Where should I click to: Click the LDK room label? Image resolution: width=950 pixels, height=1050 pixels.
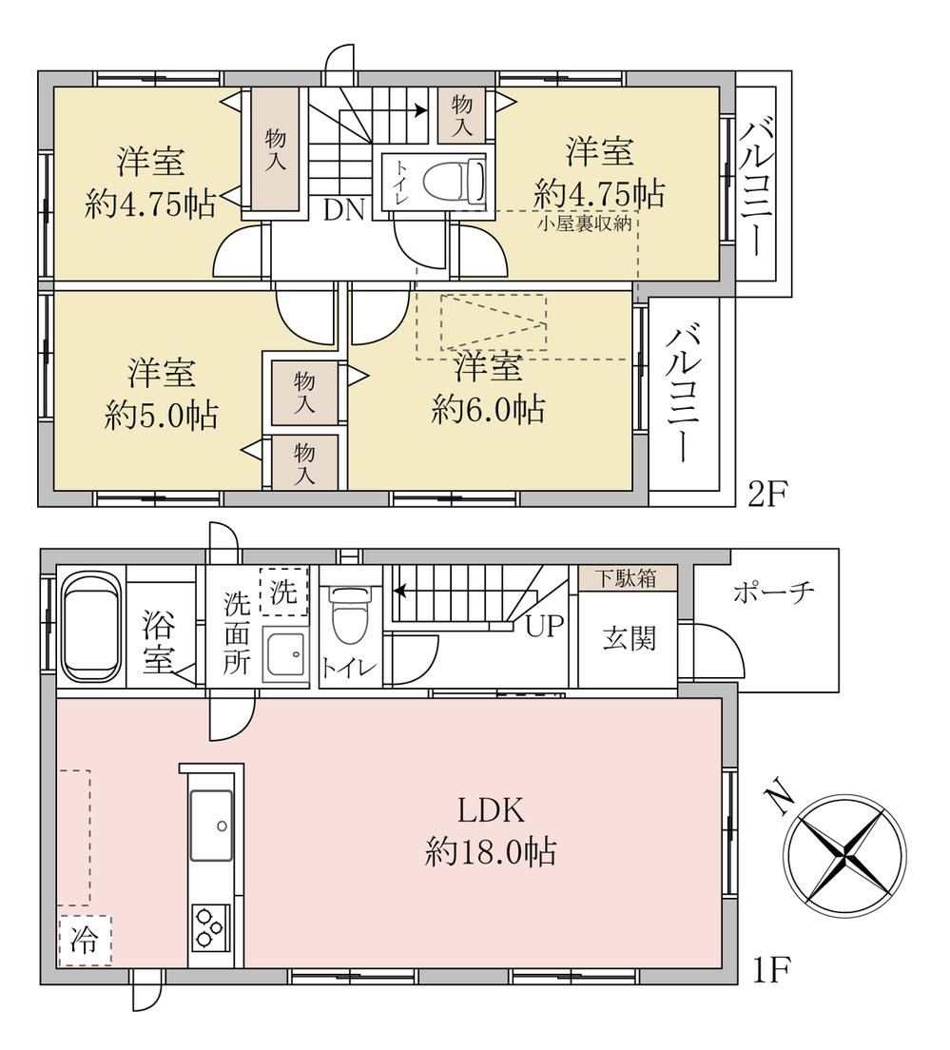pyautogui.click(x=490, y=811)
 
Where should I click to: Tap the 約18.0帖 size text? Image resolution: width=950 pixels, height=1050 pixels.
pyautogui.click(x=490, y=853)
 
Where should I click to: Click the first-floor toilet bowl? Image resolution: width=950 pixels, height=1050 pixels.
pyautogui.click(x=350, y=614)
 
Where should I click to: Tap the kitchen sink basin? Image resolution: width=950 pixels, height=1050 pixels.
pyautogui.click(x=211, y=825)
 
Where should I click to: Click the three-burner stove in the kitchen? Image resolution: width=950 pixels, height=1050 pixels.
pyautogui.click(x=211, y=926)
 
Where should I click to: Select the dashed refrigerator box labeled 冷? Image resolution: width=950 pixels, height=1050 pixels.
pyautogui.click(x=85, y=941)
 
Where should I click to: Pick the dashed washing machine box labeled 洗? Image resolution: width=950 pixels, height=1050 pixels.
pyautogui.click(x=284, y=592)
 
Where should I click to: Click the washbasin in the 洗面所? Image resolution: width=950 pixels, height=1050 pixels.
pyautogui.click(x=286, y=655)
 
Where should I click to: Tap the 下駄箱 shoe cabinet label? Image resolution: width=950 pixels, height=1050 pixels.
pyautogui.click(x=627, y=578)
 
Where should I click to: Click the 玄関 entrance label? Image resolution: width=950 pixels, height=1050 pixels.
pyautogui.click(x=629, y=638)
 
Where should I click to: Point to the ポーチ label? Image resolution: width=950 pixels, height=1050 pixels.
pyautogui.click(x=773, y=592)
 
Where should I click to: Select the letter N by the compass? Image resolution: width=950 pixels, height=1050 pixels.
pyautogui.click(x=780, y=800)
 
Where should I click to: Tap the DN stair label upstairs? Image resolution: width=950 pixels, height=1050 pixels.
pyautogui.click(x=343, y=211)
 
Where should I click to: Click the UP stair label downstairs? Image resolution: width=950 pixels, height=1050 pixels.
pyautogui.click(x=544, y=626)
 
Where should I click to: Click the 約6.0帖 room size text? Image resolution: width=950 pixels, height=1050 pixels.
pyautogui.click(x=488, y=410)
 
